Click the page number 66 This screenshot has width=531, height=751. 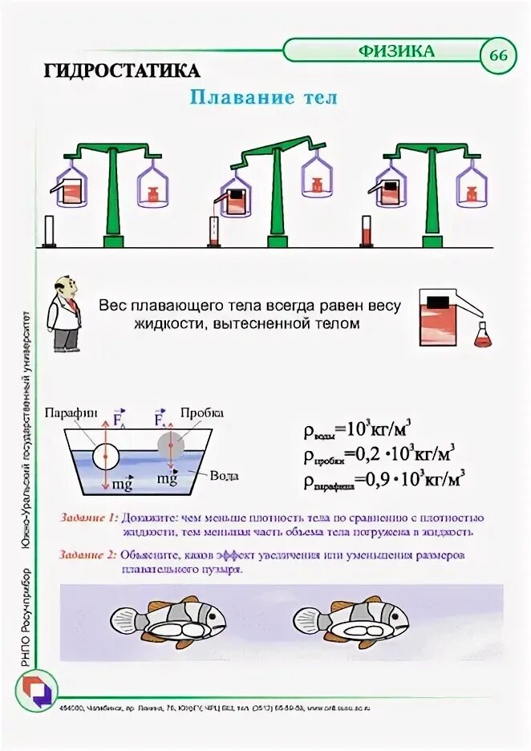pos(498,55)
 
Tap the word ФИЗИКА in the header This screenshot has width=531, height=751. pos(396,51)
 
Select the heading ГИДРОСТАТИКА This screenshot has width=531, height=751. pos(122,69)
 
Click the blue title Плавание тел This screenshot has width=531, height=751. pos(263,98)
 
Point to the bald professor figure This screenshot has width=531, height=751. pos(64,314)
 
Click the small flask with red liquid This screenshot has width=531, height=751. pos(483,335)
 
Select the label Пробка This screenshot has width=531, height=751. pos(202,412)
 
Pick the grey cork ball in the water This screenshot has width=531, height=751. pos(172,446)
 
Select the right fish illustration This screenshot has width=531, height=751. pos(351,620)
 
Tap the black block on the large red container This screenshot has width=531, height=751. pos(437,302)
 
